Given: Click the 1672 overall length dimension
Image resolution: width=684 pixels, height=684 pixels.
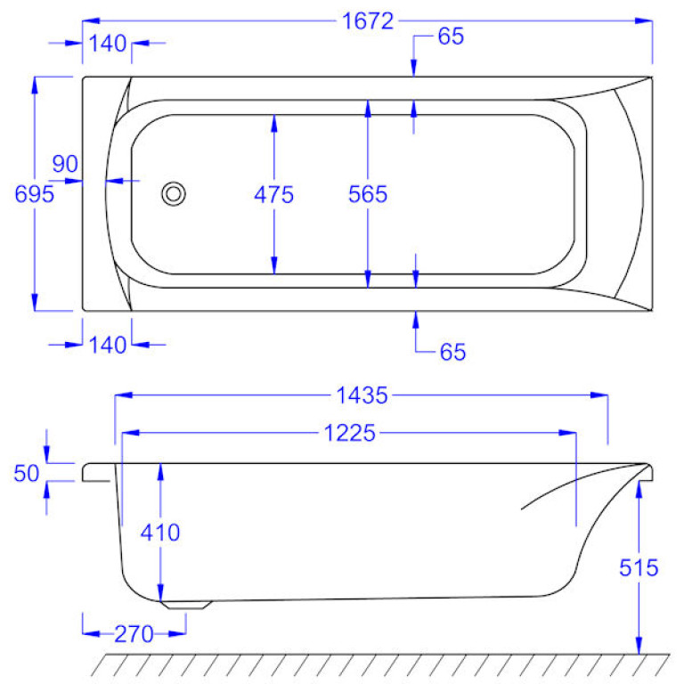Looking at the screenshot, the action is (368, 21).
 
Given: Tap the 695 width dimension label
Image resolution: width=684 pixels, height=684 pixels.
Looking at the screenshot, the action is (34, 194).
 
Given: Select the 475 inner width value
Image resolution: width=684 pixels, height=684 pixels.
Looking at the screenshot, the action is (274, 194).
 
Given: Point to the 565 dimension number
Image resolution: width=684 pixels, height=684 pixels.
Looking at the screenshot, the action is (368, 194).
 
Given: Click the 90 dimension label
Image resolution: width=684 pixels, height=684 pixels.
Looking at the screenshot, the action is (65, 164).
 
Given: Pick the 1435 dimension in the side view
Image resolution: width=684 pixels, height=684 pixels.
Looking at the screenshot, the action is (362, 395).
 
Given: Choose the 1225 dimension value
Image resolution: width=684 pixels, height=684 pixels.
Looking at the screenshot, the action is (349, 433).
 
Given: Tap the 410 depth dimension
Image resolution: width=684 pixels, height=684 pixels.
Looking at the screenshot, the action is (160, 533).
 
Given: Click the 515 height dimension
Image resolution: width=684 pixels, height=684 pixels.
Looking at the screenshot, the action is (639, 568).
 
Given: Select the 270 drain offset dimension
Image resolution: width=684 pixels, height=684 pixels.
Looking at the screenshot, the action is (134, 634).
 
